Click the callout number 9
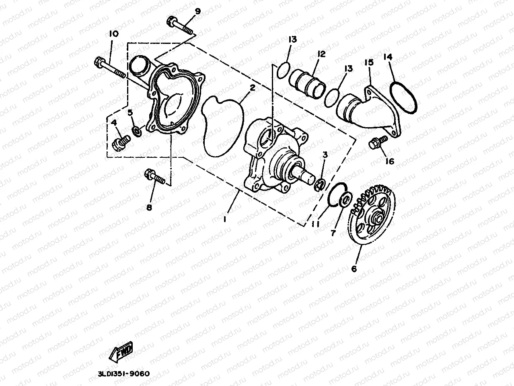pos(197,11)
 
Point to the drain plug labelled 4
pos(121,143)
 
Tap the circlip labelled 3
pos(320,184)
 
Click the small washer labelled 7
pos(345,200)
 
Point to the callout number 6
pos(354,268)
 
